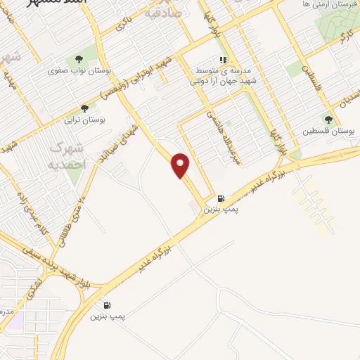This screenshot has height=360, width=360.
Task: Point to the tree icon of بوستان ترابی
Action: tap(85, 108)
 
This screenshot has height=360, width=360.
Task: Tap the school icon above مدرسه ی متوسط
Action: tap(223, 60)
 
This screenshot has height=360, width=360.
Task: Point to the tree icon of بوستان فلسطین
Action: tap(328, 120)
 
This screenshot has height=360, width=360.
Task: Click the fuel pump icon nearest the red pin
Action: tap(221, 198)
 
